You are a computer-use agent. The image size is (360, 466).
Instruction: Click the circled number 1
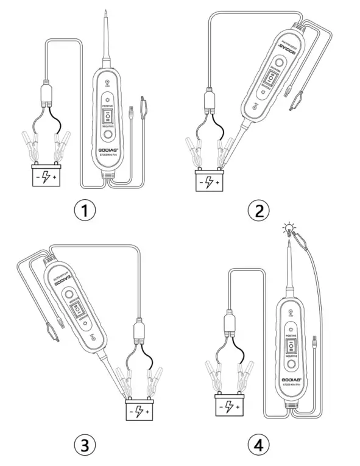(85, 211)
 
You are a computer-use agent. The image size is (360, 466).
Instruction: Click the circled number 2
(259, 211)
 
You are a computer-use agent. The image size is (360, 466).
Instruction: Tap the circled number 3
(85, 445)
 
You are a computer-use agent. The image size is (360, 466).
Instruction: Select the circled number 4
(259, 445)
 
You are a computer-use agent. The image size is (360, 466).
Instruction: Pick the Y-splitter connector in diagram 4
(230, 321)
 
